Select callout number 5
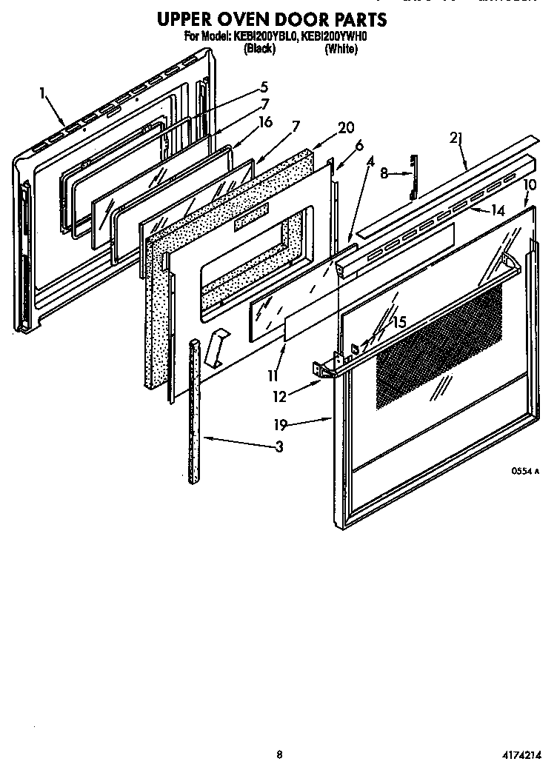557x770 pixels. click(x=264, y=87)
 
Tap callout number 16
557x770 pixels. click(x=266, y=121)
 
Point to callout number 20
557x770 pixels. click(x=346, y=127)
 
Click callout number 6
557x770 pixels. click(x=359, y=146)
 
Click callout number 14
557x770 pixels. click(x=498, y=210)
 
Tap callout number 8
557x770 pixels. click(x=384, y=173)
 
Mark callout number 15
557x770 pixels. click(x=399, y=322)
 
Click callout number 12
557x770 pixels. click(x=279, y=396)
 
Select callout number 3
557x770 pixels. click(x=278, y=446)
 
